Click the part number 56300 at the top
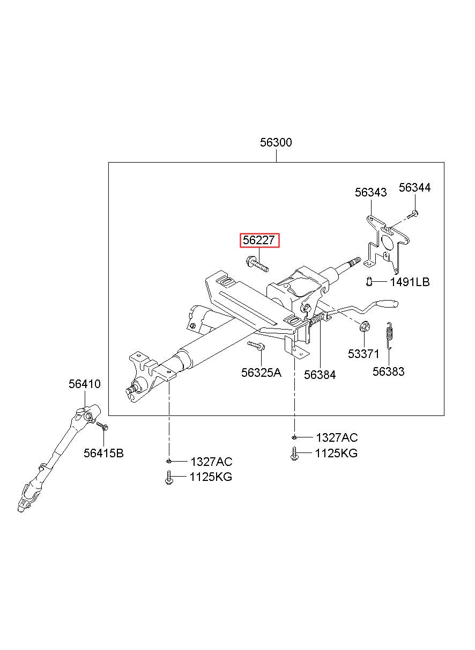click(x=276, y=143)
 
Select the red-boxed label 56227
click(x=259, y=240)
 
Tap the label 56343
click(x=370, y=193)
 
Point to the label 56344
click(x=414, y=187)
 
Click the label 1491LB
click(x=410, y=282)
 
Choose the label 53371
click(x=363, y=354)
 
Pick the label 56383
click(x=389, y=371)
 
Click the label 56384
click(x=320, y=375)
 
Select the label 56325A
click(x=261, y=373)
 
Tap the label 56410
click(x=85, y=384)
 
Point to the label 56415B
click(x=103, y=453)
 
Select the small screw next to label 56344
click(x=413, y=215)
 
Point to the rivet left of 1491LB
click(x=369, y=281)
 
